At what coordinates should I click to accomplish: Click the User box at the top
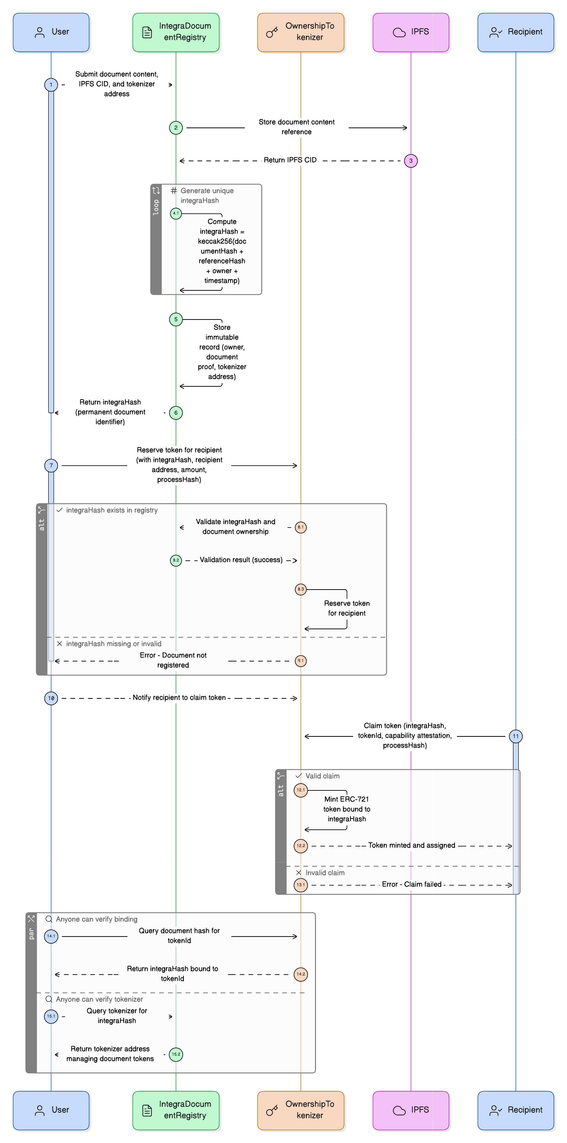(51, 32)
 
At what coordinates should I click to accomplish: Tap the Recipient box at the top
(516, 32)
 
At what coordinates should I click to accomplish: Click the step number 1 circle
(51, 84)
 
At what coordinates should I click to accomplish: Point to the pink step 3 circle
(411, 161)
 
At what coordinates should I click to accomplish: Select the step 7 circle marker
(51, 465)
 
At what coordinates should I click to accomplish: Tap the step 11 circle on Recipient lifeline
(516, 736)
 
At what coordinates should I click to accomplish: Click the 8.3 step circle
(301, 589)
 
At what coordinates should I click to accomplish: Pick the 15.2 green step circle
(176, 1054)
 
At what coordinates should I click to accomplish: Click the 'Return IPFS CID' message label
(290, 160)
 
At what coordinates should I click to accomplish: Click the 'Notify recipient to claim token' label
(179, 697)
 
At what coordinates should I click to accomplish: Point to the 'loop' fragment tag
(156, 207)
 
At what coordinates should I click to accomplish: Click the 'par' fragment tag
(31, 933)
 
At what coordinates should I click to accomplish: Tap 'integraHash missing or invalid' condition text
(114, 644)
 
